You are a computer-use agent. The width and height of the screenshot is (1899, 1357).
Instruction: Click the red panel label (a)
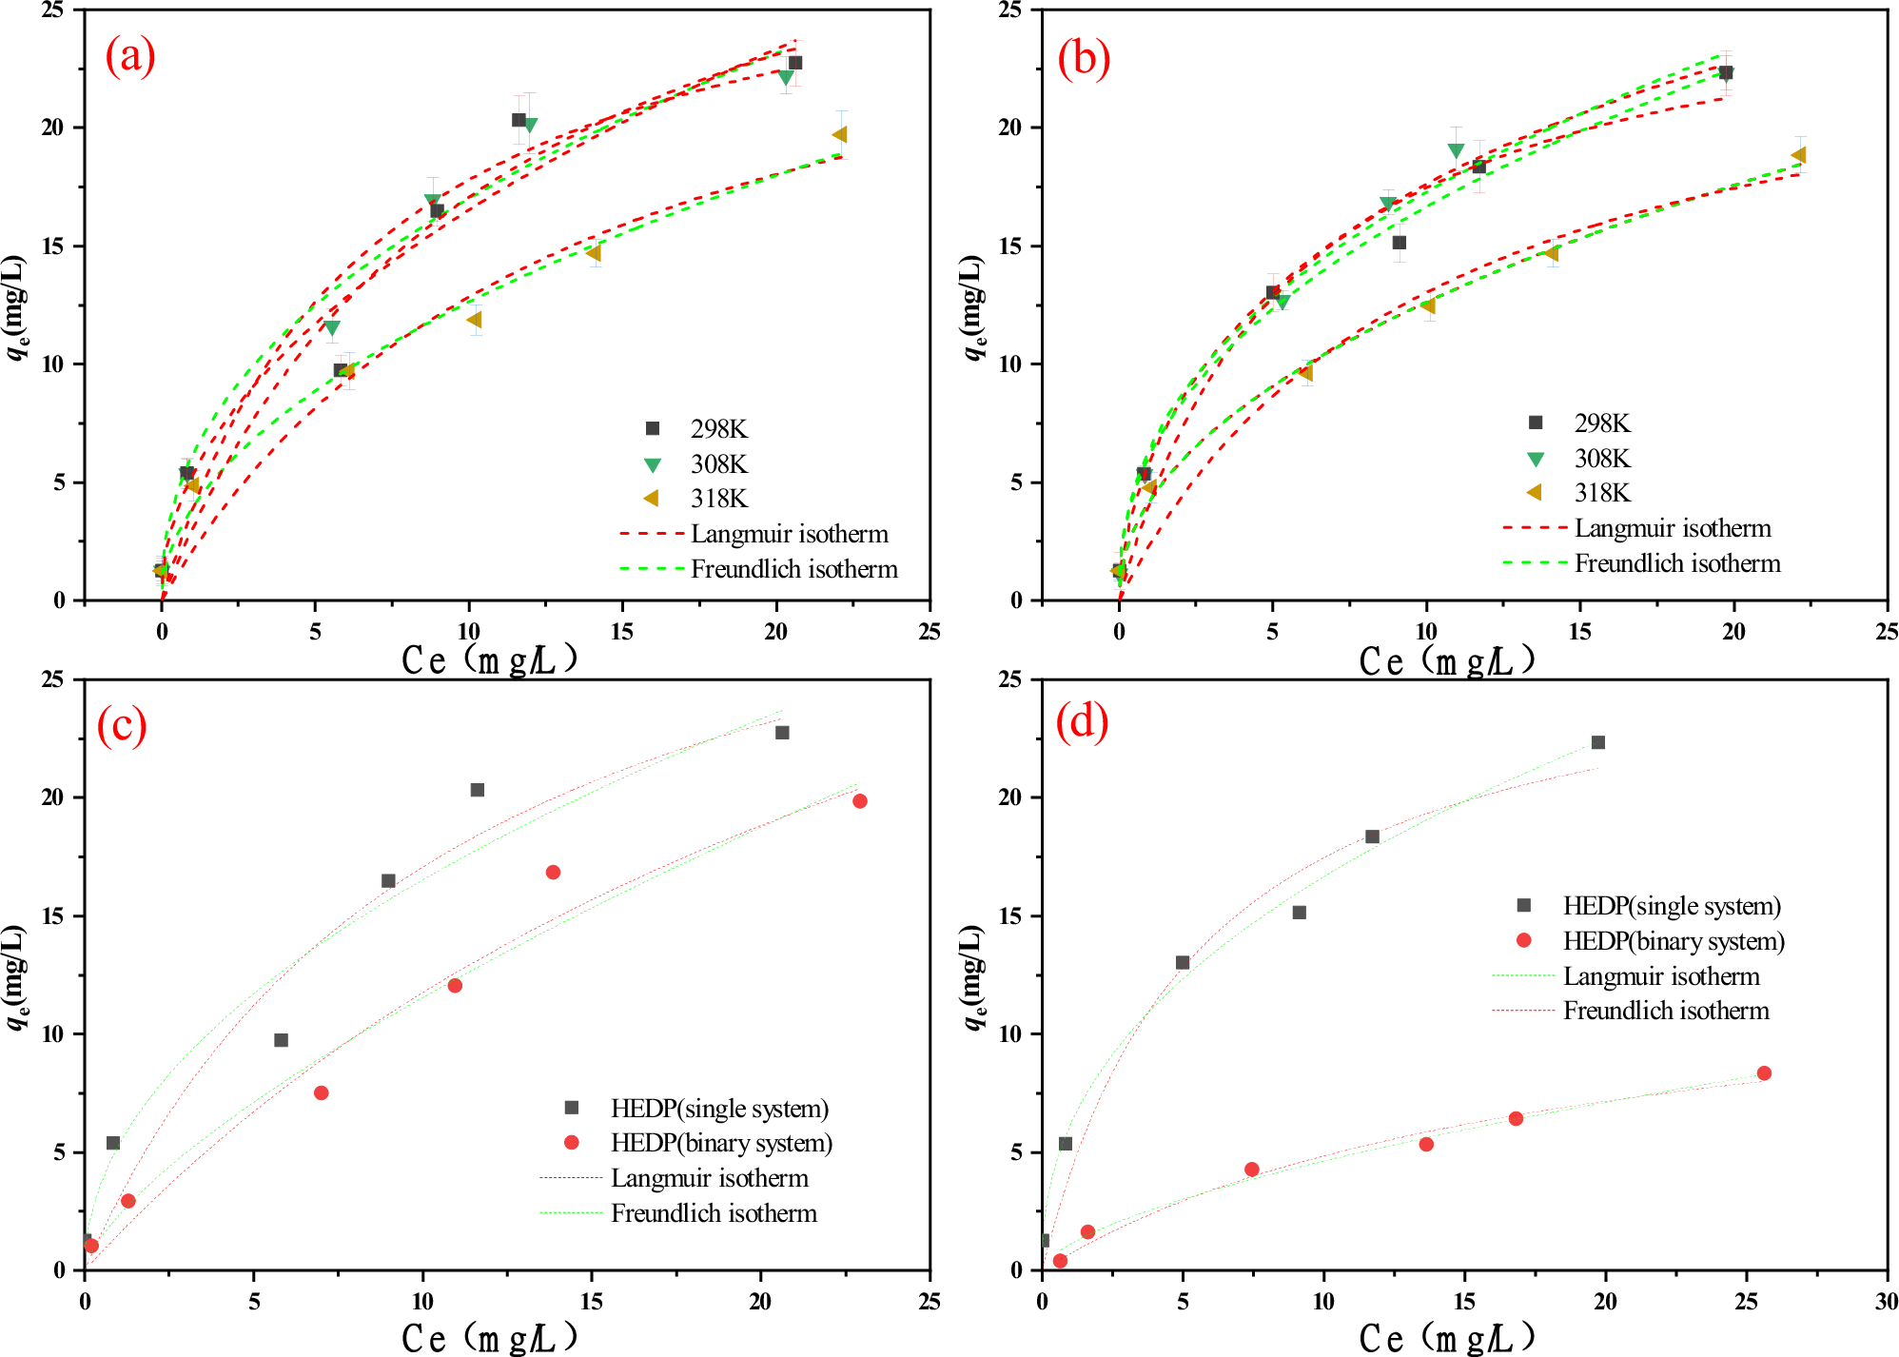pos(130,56)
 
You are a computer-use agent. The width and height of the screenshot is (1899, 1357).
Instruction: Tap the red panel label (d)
pos(1083,722)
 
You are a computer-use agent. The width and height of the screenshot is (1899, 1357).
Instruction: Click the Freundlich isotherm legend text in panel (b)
pos(1676,563)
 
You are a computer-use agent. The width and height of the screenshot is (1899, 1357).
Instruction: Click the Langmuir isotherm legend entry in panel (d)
pos(1660,976)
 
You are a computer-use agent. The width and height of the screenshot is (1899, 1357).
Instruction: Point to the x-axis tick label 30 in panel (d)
pos(1885,1301)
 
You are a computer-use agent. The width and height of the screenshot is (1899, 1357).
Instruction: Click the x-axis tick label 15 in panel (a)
pos(621,632)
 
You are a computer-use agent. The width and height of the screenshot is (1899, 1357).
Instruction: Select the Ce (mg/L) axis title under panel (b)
pos(1446,660)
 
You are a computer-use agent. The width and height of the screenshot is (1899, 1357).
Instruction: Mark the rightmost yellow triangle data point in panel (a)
pos(839,135)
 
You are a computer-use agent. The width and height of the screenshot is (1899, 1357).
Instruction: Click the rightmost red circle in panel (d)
pos(1764,1073)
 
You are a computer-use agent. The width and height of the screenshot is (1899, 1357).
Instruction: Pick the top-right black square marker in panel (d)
pos(1598,742)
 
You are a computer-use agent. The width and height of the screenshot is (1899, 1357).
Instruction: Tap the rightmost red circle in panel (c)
pos(860,801)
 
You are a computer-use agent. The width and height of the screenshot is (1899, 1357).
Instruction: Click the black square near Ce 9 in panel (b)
pos(1399,243)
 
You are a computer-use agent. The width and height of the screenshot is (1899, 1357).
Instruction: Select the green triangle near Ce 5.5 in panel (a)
pos(332,328)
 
